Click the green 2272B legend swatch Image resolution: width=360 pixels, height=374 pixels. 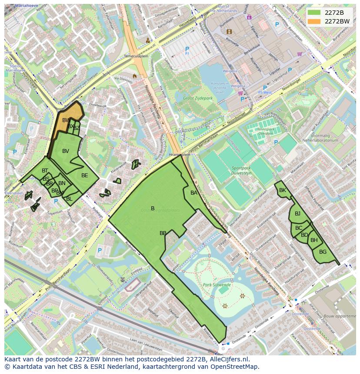(x=314, y=13)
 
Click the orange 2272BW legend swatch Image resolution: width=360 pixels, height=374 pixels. (x=314, y=21)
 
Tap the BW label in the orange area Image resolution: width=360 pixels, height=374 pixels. (x=66, y=120)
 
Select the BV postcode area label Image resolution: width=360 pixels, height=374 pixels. (x=66, y=151)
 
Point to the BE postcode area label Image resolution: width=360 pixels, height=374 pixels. (x=85, y=175)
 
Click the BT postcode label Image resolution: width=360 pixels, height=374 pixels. (x=45, y=171)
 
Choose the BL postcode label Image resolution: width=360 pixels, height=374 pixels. (x=69, y=199)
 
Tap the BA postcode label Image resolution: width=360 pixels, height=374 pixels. (x=194, y=193)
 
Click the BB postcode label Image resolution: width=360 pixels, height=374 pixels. (x=163, y=233)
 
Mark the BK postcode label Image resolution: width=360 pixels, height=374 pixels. (x=283, y=190)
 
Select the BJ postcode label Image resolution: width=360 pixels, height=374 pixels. (x=297, y=213)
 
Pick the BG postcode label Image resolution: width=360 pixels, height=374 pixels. (x=323, y=252)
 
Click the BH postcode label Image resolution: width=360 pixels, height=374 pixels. (x=314, y=240)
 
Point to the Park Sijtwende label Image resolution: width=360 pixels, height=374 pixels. (x=217, y=285)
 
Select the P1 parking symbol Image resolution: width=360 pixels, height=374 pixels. (x=187, y=50)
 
